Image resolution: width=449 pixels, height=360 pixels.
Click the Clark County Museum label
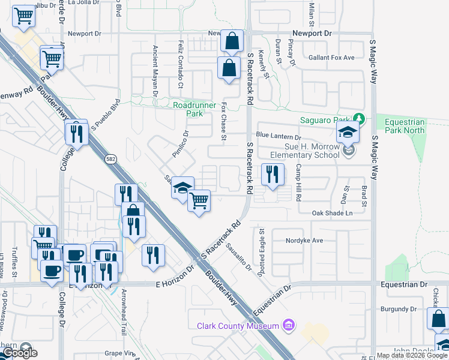[x=238, y=326]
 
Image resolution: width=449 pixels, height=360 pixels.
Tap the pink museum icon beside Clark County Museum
[x=289, y=325]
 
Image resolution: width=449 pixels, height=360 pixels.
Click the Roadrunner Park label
[x=188, y=109]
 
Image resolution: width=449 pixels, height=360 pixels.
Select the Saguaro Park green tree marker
[x=359, y=118]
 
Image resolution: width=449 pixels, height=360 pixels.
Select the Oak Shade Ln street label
[x=332, y=213]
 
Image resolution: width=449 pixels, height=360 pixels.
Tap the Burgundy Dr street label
[x=399, y=309]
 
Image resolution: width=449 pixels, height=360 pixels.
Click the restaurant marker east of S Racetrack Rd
[x=273, y=175]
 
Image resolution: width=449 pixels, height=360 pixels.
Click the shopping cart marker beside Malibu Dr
[x=23, y=16]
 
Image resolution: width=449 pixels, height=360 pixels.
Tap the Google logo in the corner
[x=20, y=353]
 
